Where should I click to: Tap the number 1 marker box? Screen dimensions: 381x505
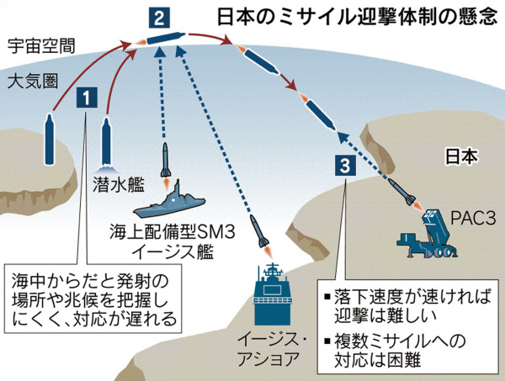click(x=86, y=98)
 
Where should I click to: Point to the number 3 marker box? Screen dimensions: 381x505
click(x=344, y=167)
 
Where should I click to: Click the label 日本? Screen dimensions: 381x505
click(x=461, y=156)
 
